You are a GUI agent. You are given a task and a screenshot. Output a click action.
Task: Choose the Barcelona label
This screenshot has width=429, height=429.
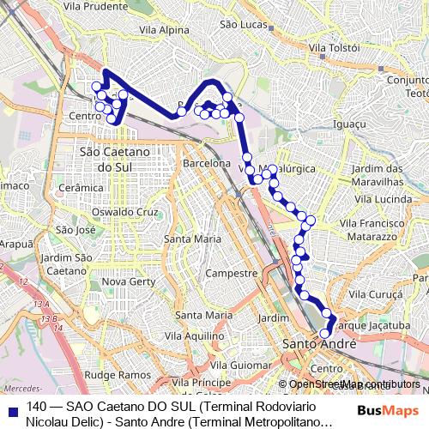tap(207, 162)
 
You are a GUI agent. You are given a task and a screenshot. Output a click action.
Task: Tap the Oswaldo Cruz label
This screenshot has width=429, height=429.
tap(125, 212)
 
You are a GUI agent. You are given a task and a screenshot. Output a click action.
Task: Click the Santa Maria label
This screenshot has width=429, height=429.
tap(192, 239)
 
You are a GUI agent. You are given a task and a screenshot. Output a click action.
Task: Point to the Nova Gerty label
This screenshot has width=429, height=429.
tap(127, 281)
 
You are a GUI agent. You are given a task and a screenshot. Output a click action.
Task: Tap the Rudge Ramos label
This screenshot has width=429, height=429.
tap(118, 375)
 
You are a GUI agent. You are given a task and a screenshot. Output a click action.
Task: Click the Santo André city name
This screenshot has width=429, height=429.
tap(313, 343)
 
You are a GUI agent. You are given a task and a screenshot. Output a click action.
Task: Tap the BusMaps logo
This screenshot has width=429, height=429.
tap(387, 412)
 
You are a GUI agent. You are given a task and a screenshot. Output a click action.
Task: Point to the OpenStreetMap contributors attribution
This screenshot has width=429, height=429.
tap(352, 384)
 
